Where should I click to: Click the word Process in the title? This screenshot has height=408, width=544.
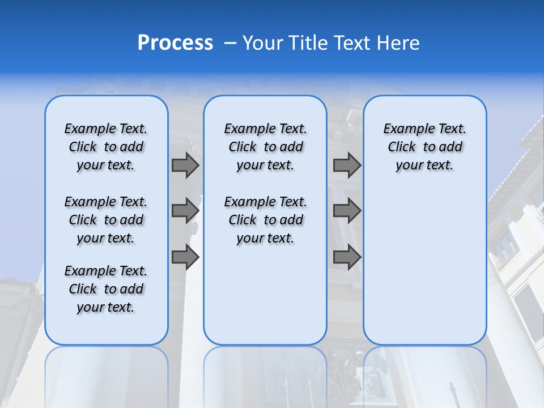175,43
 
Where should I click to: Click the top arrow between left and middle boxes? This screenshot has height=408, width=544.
185,165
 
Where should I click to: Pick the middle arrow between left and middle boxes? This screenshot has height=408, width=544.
185,211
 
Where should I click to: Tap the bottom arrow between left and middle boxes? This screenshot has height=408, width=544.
185,257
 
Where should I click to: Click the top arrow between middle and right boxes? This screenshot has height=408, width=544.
347,165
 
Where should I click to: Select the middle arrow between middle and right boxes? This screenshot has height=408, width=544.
347,211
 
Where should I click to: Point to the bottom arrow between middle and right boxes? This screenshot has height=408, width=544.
347,257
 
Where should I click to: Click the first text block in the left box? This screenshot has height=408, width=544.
106,147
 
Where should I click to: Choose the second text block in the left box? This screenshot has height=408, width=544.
106,220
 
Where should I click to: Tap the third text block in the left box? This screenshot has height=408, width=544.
106,289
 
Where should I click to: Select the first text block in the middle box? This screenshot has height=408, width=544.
266,147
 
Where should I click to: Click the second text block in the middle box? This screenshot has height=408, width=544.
266,220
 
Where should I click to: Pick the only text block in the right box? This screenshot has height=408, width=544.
425,147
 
